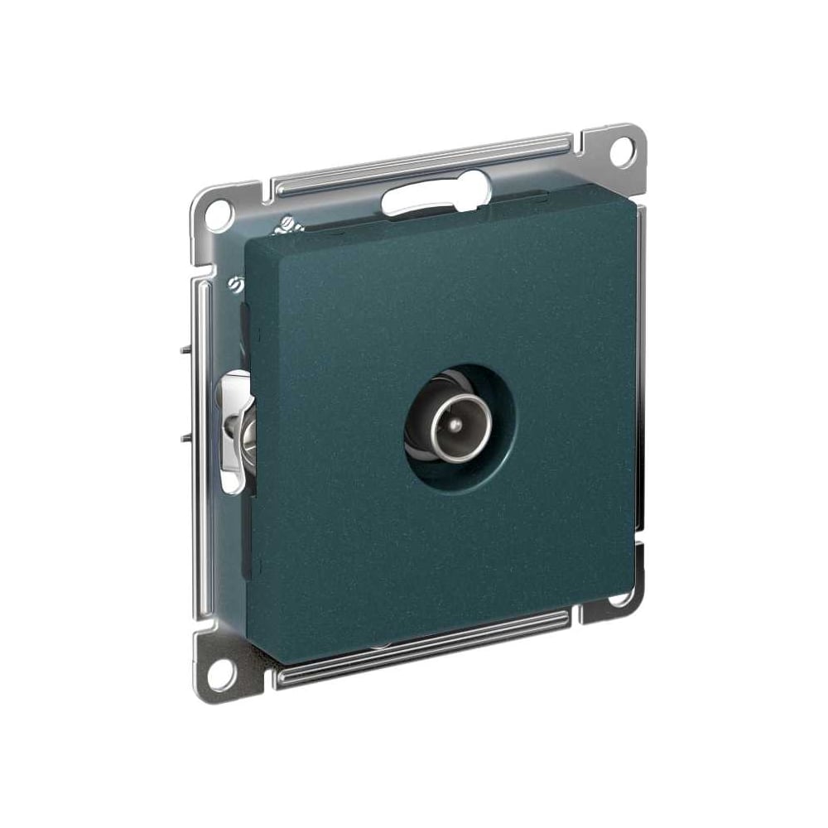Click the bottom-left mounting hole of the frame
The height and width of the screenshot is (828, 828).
coord(217,675)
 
